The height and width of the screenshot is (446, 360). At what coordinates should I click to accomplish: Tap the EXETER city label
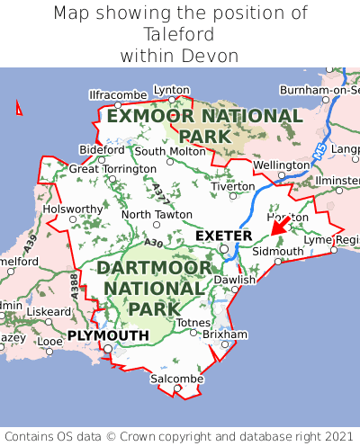click(x=223, y=236)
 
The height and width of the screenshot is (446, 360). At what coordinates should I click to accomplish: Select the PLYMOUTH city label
click(x=107, y=335)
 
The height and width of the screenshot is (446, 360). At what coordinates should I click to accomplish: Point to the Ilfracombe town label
click(x=118, y=94)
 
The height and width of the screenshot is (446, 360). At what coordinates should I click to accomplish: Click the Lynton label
click(x=172, y=90)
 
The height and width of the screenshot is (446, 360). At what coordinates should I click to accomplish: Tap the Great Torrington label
click(x=112, y=168)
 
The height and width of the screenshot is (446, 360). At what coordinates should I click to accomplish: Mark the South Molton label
click(x=170, y=151)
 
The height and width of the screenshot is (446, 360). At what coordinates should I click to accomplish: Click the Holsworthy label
click(x=74, y=209)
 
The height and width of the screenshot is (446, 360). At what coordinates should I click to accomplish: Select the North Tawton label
click(x=157, y=214)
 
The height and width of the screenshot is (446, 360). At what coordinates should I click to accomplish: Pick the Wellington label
click(x=281, y=165)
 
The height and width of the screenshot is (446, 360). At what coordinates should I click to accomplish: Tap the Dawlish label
click(x=235, y=280)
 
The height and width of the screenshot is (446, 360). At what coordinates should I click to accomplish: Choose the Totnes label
click(x=193, y=322)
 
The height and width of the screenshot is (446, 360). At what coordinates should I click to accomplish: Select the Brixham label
click(x=225, y=334)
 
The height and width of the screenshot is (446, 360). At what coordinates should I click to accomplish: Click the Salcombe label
click(x=176, y=379)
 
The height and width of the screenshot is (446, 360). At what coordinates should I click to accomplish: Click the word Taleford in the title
click(x=179, y=34)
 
